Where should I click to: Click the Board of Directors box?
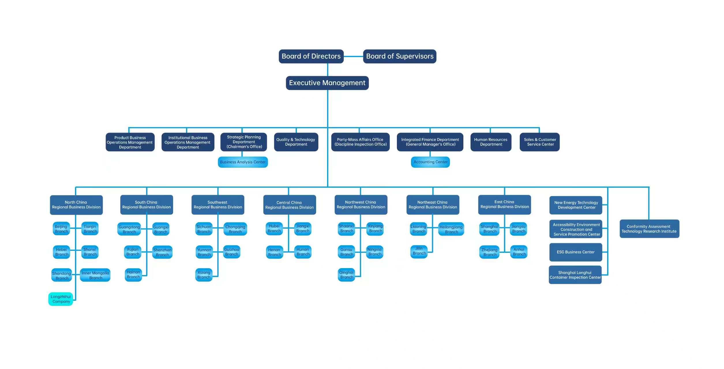tap(311, 56)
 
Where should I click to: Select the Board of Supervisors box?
tap(399, 56)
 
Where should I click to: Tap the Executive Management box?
tap(327, 83)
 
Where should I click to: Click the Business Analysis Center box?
tap(243, 162)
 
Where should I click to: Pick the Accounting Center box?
tap(430, 162)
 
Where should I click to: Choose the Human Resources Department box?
tap(491, 142)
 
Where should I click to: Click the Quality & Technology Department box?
tap(296, 142)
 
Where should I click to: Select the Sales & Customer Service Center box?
tap(539, 142)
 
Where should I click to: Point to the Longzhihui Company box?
tap(61, 299)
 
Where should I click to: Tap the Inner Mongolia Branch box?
tap(95, 275)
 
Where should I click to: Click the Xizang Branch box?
tap(204, 275)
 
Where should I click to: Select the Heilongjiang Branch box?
tap(451, 229)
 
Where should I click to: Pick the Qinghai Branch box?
tap(346, 275)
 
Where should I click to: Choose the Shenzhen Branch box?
tap(162, 252)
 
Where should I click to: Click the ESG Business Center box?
tap(575, 252)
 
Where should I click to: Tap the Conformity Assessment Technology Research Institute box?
tap(649, 229)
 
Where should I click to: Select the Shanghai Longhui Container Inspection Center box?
tap(575, 275)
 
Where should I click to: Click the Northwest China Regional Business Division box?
tap(361, 205)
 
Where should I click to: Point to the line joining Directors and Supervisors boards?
tap(353, 56)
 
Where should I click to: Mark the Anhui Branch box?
tap(519, 252)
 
